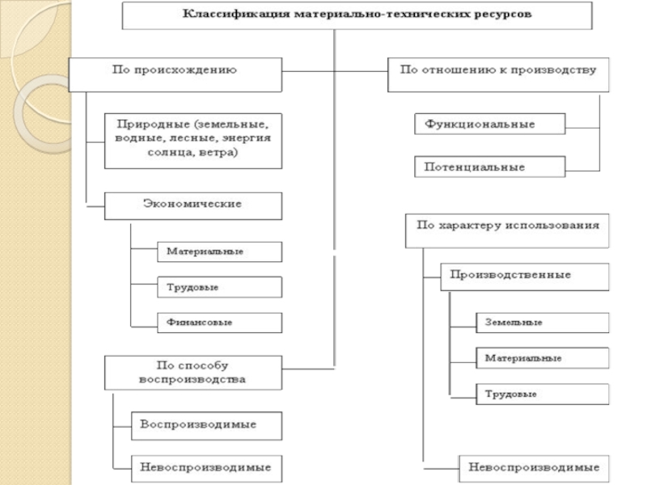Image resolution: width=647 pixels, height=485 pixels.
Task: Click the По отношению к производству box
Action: [498, 71]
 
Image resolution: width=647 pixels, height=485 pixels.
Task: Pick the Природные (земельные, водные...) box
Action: [194, 139]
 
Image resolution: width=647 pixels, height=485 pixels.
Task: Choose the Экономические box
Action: [194, 204]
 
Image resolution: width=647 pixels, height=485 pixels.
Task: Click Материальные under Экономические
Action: [218, 251]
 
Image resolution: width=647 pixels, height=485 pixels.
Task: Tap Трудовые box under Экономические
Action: [218, 287]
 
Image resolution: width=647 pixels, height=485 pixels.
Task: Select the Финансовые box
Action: [218, 322]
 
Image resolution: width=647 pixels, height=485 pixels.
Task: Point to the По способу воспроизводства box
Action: [194, 371]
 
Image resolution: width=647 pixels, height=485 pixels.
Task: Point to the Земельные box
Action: [541, 322]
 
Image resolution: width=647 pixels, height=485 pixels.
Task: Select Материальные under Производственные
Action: [541, 357]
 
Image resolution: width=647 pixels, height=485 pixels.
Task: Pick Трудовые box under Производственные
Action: [541, 394]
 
